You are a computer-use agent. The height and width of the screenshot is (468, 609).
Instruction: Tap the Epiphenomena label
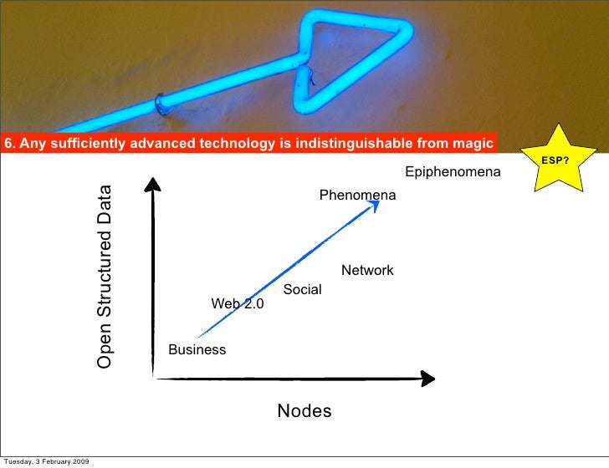coord(453,172)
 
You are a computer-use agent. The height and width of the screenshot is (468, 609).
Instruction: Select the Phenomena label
coord(357,195)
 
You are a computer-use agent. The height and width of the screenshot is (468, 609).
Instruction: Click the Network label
coord(367,271)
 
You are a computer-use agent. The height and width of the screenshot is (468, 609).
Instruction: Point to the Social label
coord(302,290)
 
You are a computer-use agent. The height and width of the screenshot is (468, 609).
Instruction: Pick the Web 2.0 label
coord(237,304)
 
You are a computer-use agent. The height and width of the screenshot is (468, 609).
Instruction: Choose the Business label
coord(197,349)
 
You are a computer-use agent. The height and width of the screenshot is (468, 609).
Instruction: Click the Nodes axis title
coord(304,411)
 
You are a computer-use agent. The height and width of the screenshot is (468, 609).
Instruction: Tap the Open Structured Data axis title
coord(104,277)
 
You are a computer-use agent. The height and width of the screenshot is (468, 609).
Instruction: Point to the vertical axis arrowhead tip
coord(154,181)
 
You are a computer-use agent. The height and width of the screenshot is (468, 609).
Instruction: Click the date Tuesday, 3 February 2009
coord(47,461)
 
